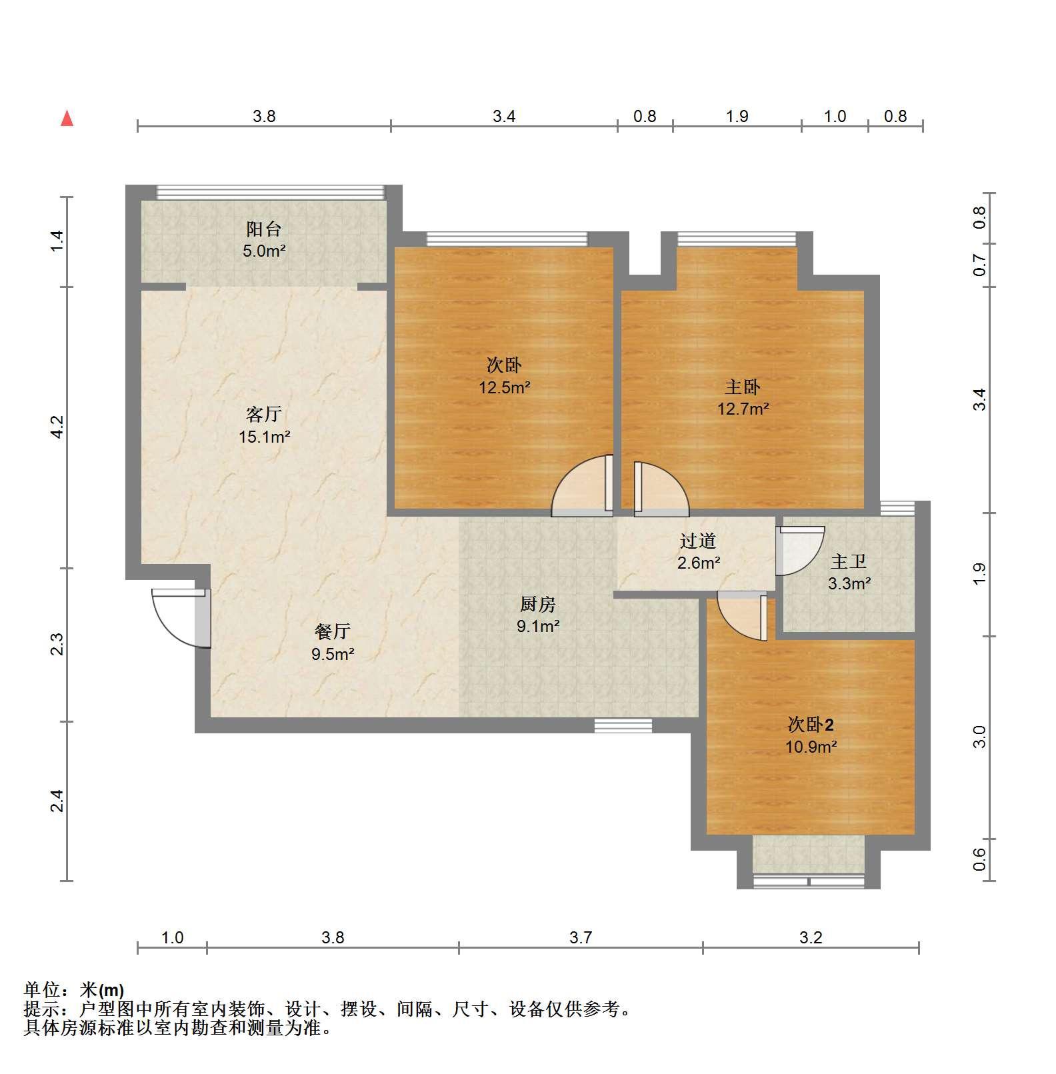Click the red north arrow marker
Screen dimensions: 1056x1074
(x=67, y=119)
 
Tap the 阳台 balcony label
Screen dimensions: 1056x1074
(x=264, y=229)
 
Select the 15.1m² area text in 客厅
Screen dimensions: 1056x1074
(x=265, y=437)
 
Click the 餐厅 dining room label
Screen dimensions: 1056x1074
(x=332, y=631)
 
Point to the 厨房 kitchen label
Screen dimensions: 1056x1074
(x=537, y=605)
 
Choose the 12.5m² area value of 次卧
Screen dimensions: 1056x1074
(x=505, y=387)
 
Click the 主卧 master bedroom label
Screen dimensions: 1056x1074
(x=743, y=387)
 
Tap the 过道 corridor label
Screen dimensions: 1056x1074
(x=698, y=541)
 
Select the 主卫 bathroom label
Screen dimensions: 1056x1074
(x=849, y=562)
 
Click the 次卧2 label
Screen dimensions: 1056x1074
(x=811, y=724)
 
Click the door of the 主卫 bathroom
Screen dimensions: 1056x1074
(x=801, y=551)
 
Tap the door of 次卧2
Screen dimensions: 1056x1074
(x=743, y=616)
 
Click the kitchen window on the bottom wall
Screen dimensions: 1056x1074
(x=623, y=725)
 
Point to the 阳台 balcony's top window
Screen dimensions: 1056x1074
(x=271, y=192)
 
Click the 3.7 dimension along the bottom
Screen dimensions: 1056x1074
(x=581, y=937)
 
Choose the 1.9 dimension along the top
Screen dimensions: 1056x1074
(x=737, y=116)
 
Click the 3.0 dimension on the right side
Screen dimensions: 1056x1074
(x=979, y=737)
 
